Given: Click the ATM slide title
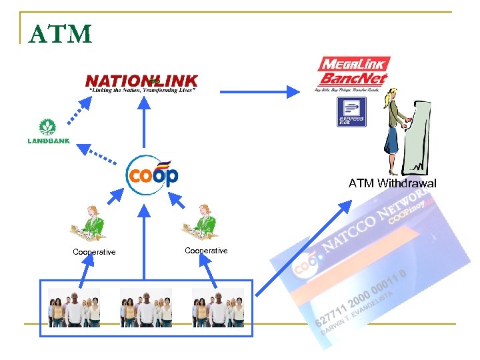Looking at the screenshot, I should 61,33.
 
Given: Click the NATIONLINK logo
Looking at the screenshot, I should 141,82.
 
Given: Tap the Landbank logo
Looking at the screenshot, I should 48,131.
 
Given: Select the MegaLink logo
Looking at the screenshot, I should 353,65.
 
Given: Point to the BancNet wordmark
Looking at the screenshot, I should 352,80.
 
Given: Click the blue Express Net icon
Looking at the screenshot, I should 351,111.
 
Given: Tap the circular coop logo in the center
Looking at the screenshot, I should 152,175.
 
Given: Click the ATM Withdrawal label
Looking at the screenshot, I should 392,183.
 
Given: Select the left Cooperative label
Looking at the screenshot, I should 94,252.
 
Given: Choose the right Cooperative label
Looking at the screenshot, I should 206,251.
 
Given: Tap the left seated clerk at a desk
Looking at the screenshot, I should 89,223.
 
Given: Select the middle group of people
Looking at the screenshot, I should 145,307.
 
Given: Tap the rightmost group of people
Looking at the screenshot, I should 217,307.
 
